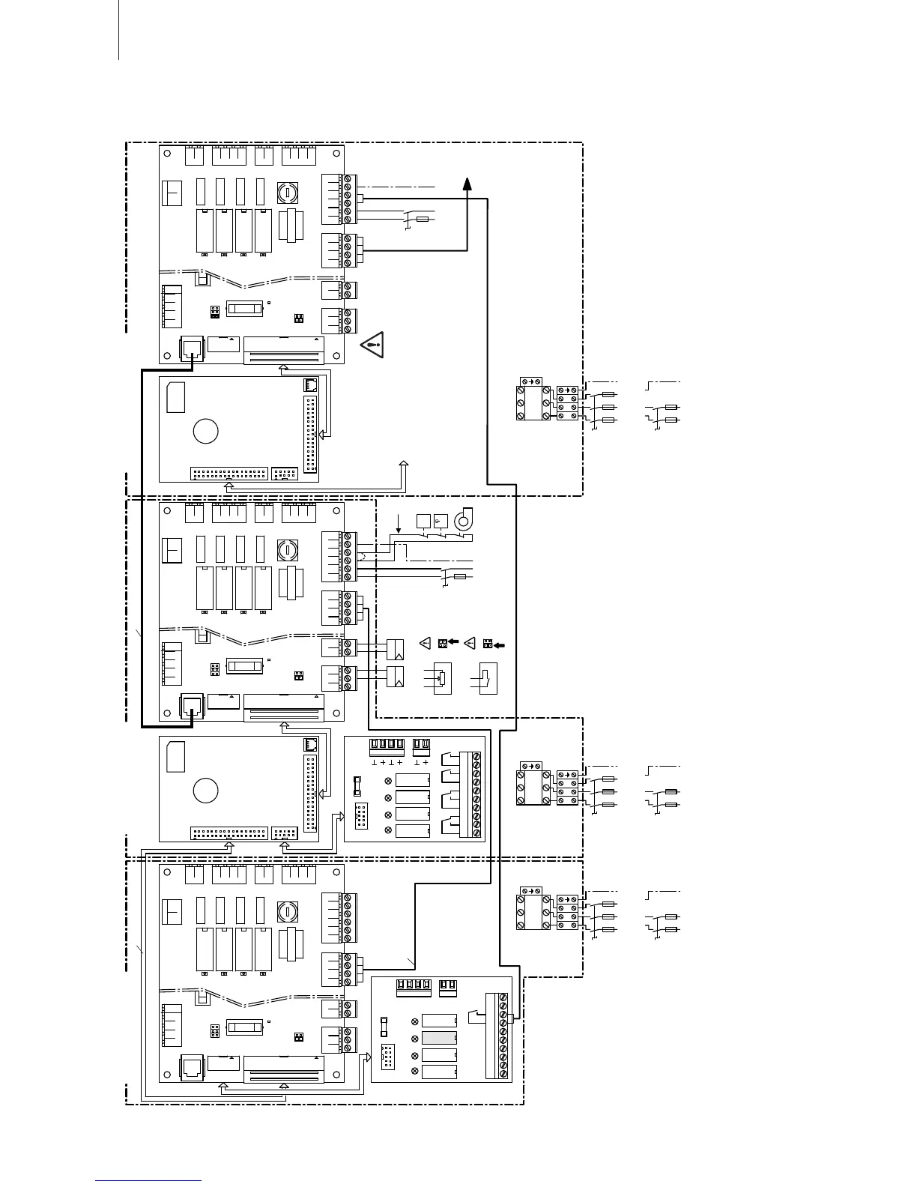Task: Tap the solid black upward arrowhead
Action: [x=467, y=183]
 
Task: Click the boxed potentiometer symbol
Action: [x=443, y=678]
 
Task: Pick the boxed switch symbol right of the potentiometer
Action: [x=487, y=678]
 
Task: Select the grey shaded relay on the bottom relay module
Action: [x=439, y=1037]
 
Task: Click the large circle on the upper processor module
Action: [x=206, y=431]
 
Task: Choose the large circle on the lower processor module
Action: [x=206, y=791]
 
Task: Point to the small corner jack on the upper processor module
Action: [x=310, y=384]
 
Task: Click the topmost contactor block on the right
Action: [x=533, y=402]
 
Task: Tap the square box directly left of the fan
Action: [x=423, y=519]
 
